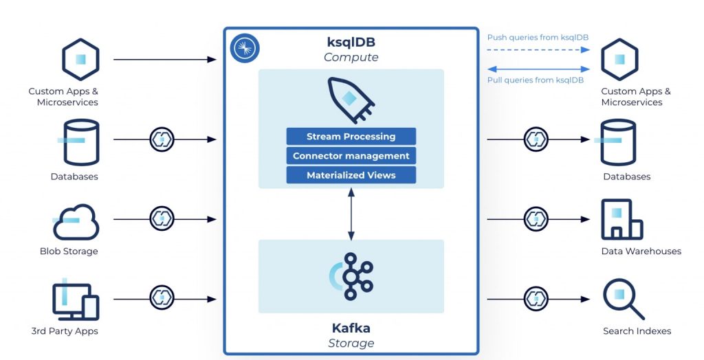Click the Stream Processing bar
[x=351, y=136]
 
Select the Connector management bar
[x=351, y=156]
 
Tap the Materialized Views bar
[x=351, y=175]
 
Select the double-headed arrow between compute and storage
[x=351, y=214]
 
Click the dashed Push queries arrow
[x=538, y=50]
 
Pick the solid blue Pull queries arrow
[x=538, y=69]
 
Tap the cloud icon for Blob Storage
[x=76, y=220]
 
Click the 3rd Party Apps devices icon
[x=75, y=300]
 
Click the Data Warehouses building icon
[x=621, y=220]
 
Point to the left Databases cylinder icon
[x=81, y=142]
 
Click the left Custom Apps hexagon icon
[x=81, y=60]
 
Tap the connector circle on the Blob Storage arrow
[x=162, y=219]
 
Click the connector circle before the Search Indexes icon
[x=536, y=299]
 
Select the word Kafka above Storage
[x=351, y=328]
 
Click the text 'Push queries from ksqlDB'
[x=538, y=37]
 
